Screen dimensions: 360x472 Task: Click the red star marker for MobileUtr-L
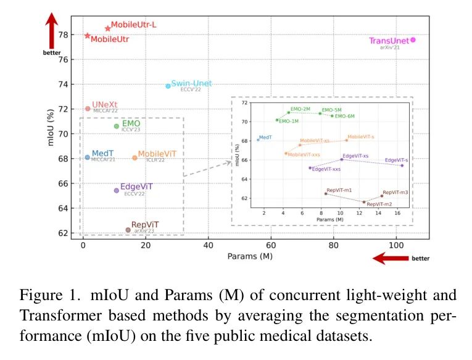click(107, 28)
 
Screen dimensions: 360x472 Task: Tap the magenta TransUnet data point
click(413, 40)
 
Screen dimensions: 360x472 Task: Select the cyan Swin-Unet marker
click(168, 86)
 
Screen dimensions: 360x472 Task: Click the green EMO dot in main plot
click(116, 126)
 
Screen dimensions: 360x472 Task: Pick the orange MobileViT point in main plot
click(135, 157)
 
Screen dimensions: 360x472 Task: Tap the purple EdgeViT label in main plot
click(136, 186)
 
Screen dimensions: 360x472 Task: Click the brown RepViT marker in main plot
click(128, 230)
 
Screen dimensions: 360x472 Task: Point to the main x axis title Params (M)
click(250, 256)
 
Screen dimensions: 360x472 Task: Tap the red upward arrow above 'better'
click(52, 28)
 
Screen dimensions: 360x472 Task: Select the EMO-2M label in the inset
click(300, 109)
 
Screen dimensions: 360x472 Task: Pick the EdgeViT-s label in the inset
click(396, 161)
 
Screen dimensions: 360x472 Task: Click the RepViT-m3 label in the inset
click(395, 193)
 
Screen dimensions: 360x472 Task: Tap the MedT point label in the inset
click(266, 137)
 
